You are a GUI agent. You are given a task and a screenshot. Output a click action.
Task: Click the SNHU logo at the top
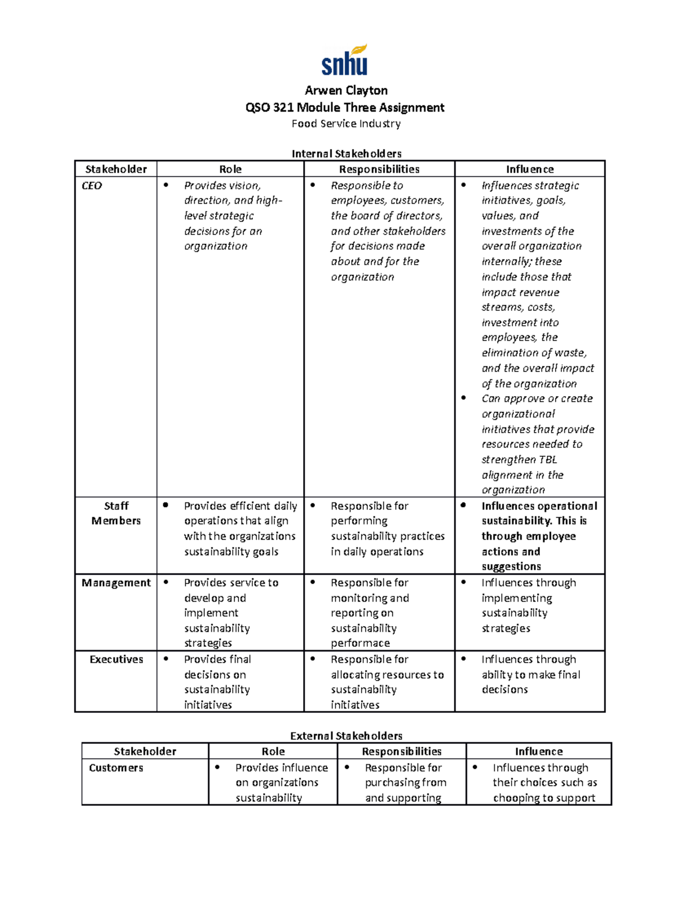click(x=345, y=61)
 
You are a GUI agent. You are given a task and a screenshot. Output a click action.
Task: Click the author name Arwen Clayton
click(x=346, y=91)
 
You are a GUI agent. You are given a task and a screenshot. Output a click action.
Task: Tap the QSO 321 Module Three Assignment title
click(x=345, y=107)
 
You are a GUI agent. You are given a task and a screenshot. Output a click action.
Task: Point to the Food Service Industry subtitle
click(x=346, y=124)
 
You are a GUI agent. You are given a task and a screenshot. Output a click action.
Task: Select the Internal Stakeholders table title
click(x=346, y=154)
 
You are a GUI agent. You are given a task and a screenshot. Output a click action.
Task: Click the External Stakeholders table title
click(x=346, y=736)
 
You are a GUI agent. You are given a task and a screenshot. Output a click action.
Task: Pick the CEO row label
click(x=92, y=186)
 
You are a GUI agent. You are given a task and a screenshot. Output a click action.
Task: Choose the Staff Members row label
click(x=116, y=513)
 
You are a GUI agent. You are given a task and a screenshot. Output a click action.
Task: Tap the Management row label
click(x=116, y=583)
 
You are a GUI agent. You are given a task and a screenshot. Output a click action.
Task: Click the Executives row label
click(x=116, y=660)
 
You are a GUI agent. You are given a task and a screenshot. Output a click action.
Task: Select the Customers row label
click(x=116, y=768)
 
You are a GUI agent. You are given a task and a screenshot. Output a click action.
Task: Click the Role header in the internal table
click(x=230, y=169)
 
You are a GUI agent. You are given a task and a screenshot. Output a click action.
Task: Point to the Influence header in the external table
click(x=539, y=751)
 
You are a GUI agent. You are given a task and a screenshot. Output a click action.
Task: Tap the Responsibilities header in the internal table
click(x=379, y=169)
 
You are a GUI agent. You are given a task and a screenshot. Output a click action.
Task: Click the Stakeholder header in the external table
click(x=145, y=751)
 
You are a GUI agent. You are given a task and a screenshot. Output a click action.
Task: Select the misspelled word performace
click(x=360, y=643)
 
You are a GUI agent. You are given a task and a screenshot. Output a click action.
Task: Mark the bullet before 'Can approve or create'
click(x=463, y=398)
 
